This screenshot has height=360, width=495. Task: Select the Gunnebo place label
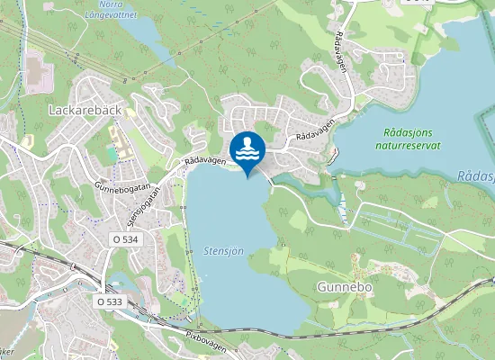[x=345, y=287]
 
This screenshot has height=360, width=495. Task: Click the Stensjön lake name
[x=222, y=254]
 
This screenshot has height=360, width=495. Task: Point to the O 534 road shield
[x=126, y=239]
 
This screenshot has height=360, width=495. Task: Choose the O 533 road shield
[x=111, y=302]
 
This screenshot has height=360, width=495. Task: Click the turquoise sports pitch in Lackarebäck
[x=112, y=153]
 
